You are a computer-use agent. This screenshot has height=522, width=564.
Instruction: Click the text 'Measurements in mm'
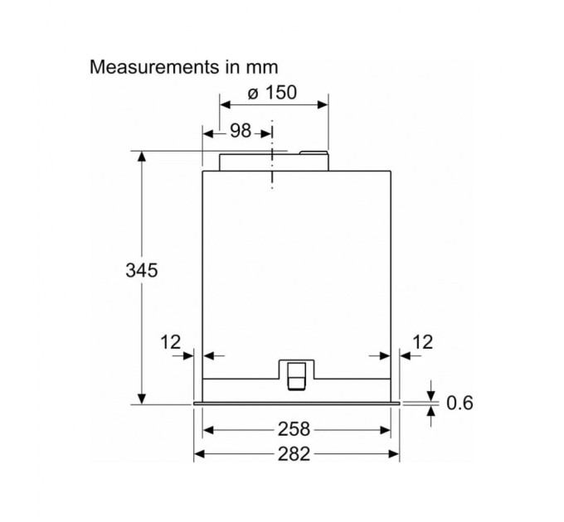(184, 67)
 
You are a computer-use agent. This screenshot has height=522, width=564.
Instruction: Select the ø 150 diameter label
(272, 92)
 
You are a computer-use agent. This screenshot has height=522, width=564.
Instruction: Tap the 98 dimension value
(241, 130)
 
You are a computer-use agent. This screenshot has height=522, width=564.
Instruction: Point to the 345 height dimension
(142, 270)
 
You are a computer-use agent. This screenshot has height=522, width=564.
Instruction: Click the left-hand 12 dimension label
(171, 342)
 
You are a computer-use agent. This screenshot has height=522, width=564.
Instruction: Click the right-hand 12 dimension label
(423, 342)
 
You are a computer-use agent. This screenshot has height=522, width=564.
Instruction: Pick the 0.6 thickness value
(459, 403)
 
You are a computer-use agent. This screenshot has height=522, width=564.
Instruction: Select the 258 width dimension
(294, 429)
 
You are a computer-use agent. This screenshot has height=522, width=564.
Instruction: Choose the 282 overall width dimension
(294, 454)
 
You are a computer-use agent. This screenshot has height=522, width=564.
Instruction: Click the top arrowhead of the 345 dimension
(142, 157)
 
